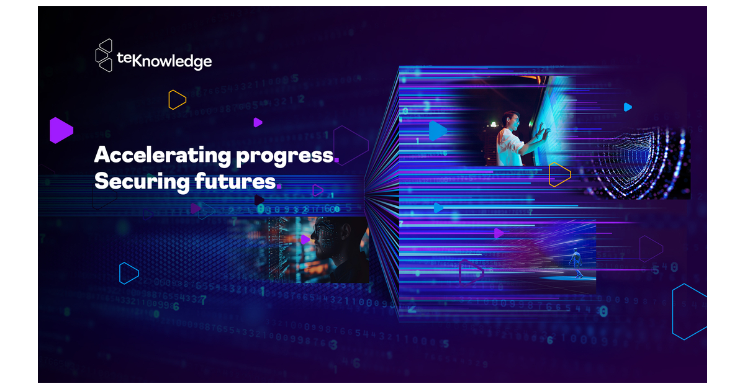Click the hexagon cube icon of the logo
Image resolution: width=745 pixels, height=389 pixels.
click(x=104, y=55)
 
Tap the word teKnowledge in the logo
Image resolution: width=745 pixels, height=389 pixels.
click(x=165, y=60)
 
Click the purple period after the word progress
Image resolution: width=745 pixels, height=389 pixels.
click(x=336, y=161)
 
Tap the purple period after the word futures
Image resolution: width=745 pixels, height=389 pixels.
click(x=279, y=186)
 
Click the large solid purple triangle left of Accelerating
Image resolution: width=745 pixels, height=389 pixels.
click(x=60, y=130)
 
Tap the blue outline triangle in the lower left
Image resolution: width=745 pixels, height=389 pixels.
click(x=128, y=273)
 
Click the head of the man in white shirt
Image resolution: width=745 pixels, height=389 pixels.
click(x=510, y=119)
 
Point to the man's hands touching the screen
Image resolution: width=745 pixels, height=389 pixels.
click(x=543, y=130)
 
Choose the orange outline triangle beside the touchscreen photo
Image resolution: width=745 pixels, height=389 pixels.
click(x=559, y=174)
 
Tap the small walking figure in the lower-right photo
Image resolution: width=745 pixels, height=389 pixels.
click(x=577, y=262)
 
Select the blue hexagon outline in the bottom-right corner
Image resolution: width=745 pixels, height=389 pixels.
click(x=689, y=311)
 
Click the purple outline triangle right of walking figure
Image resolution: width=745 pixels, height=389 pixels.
click(x=650, y=248)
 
